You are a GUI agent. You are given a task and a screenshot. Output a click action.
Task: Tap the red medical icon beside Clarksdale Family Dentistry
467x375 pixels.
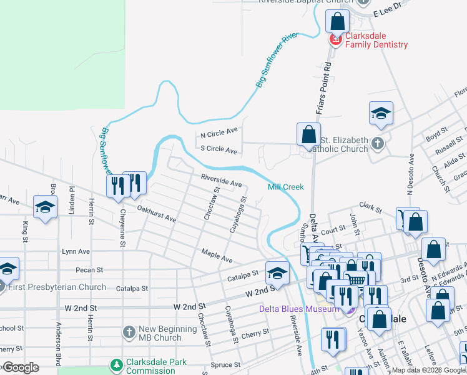(x=335, y=40)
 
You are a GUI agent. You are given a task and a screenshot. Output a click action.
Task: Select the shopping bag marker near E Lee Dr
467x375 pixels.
(x=337, y=21)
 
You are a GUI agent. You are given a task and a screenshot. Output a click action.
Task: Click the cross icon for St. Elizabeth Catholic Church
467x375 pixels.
(x=378, y=144)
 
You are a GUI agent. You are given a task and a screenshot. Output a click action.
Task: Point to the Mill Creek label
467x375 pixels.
(x=285, y=187)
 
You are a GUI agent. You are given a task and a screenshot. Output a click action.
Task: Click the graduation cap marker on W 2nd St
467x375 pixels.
(x=277, y=272)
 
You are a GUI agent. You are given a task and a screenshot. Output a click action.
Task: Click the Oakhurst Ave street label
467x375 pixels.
(x=157, y=215)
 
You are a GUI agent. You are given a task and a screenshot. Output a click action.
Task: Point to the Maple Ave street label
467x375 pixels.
(x=217, y=256)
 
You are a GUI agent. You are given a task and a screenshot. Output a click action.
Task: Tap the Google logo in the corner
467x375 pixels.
(x=20, y=367)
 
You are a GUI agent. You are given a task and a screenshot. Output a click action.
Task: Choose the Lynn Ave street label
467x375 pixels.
(x=76, y=251)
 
